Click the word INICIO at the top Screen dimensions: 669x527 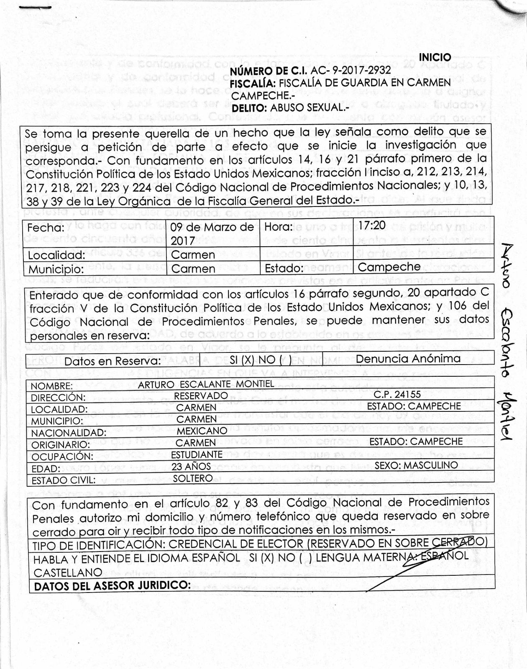[x=435, y=57]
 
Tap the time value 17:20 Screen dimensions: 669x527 [x=372, y=225]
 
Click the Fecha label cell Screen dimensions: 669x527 [x=46, y=228]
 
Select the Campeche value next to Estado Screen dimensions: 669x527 [x=389, y=267]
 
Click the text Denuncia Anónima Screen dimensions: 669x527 [x=408, y=358]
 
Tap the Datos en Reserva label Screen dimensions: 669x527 [x=113, y=361]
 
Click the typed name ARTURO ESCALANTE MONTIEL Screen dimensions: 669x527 [x=206, y=384]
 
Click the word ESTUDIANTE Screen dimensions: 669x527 [x=197, y=455]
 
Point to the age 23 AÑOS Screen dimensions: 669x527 [x=191, y=467]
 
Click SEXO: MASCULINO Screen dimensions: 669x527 [x=416, y=465]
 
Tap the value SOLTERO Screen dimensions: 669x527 [x=193, y=478]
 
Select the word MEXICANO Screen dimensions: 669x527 [x=202, y=431]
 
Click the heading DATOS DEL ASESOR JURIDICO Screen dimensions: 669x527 [x=112, y=585]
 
